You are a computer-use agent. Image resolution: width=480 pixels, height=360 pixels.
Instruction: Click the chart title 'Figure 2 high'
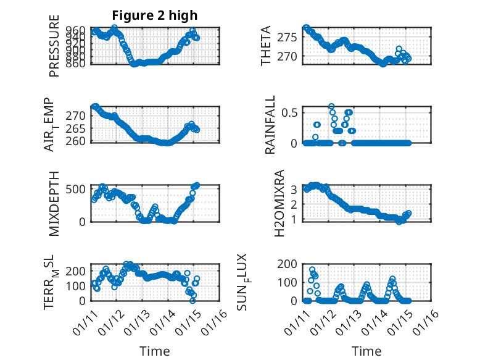(x=154, y=15)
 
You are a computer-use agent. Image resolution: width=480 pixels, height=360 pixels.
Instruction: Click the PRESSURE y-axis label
(x=54, y=46)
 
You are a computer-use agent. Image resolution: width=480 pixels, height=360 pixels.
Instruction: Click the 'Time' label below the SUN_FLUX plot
(x=366, y=351)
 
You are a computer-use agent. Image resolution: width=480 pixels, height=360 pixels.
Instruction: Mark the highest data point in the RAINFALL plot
(x=331, y=107)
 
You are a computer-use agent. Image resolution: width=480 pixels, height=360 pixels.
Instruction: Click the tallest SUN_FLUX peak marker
(x=312, y=270)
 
